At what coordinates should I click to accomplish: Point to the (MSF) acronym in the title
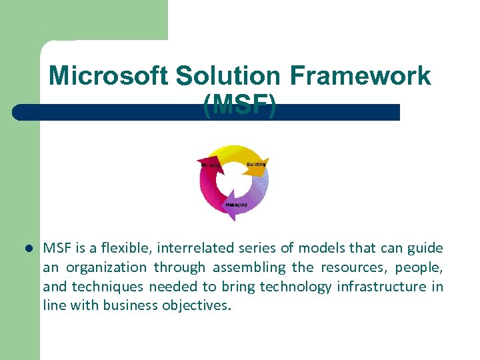[240, 105]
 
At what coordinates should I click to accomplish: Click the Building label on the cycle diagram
[256, 164]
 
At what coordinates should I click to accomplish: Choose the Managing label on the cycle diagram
[236, 205]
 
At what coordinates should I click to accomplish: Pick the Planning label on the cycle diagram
[211, 165]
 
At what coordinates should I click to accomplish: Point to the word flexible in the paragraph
[117, 249]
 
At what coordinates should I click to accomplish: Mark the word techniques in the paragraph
[111, 287]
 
